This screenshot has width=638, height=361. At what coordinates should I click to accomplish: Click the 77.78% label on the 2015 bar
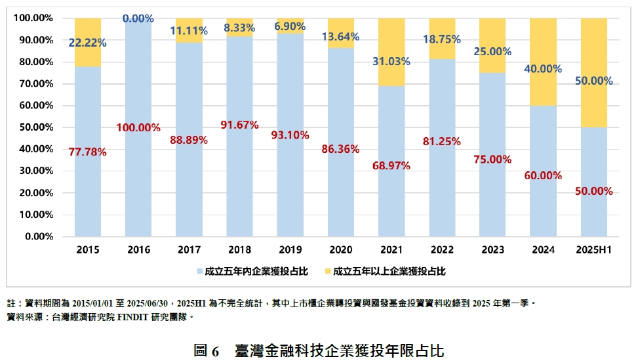[88, 152]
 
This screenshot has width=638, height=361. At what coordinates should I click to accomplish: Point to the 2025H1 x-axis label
[593, 250]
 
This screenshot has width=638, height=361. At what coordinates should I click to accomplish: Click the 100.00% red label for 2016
[138, 127]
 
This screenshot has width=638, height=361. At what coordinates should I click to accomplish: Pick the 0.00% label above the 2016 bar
[138, 19]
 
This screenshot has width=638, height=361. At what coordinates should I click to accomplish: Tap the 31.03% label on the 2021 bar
[391, 62]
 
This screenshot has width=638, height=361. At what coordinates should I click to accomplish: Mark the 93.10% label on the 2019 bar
[290, 135]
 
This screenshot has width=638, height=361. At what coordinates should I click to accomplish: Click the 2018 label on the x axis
[239, 250]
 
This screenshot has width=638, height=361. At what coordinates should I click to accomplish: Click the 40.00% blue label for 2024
[543, 68]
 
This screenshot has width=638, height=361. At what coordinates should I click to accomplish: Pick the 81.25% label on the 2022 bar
[441, 140]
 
